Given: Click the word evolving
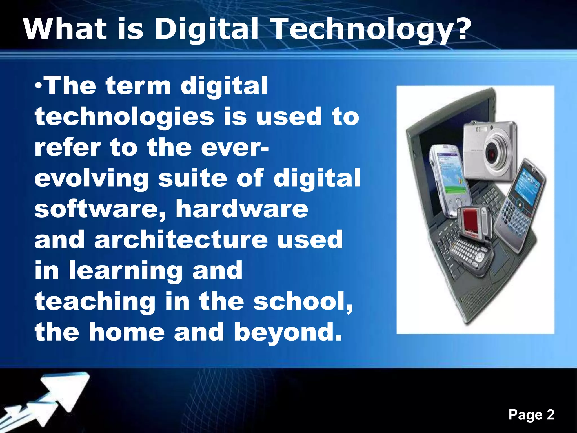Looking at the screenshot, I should click(x=91, y=178).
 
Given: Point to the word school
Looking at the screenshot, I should click(x=303, y=301).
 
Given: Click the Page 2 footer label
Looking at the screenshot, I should click(x=531, y=415).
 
